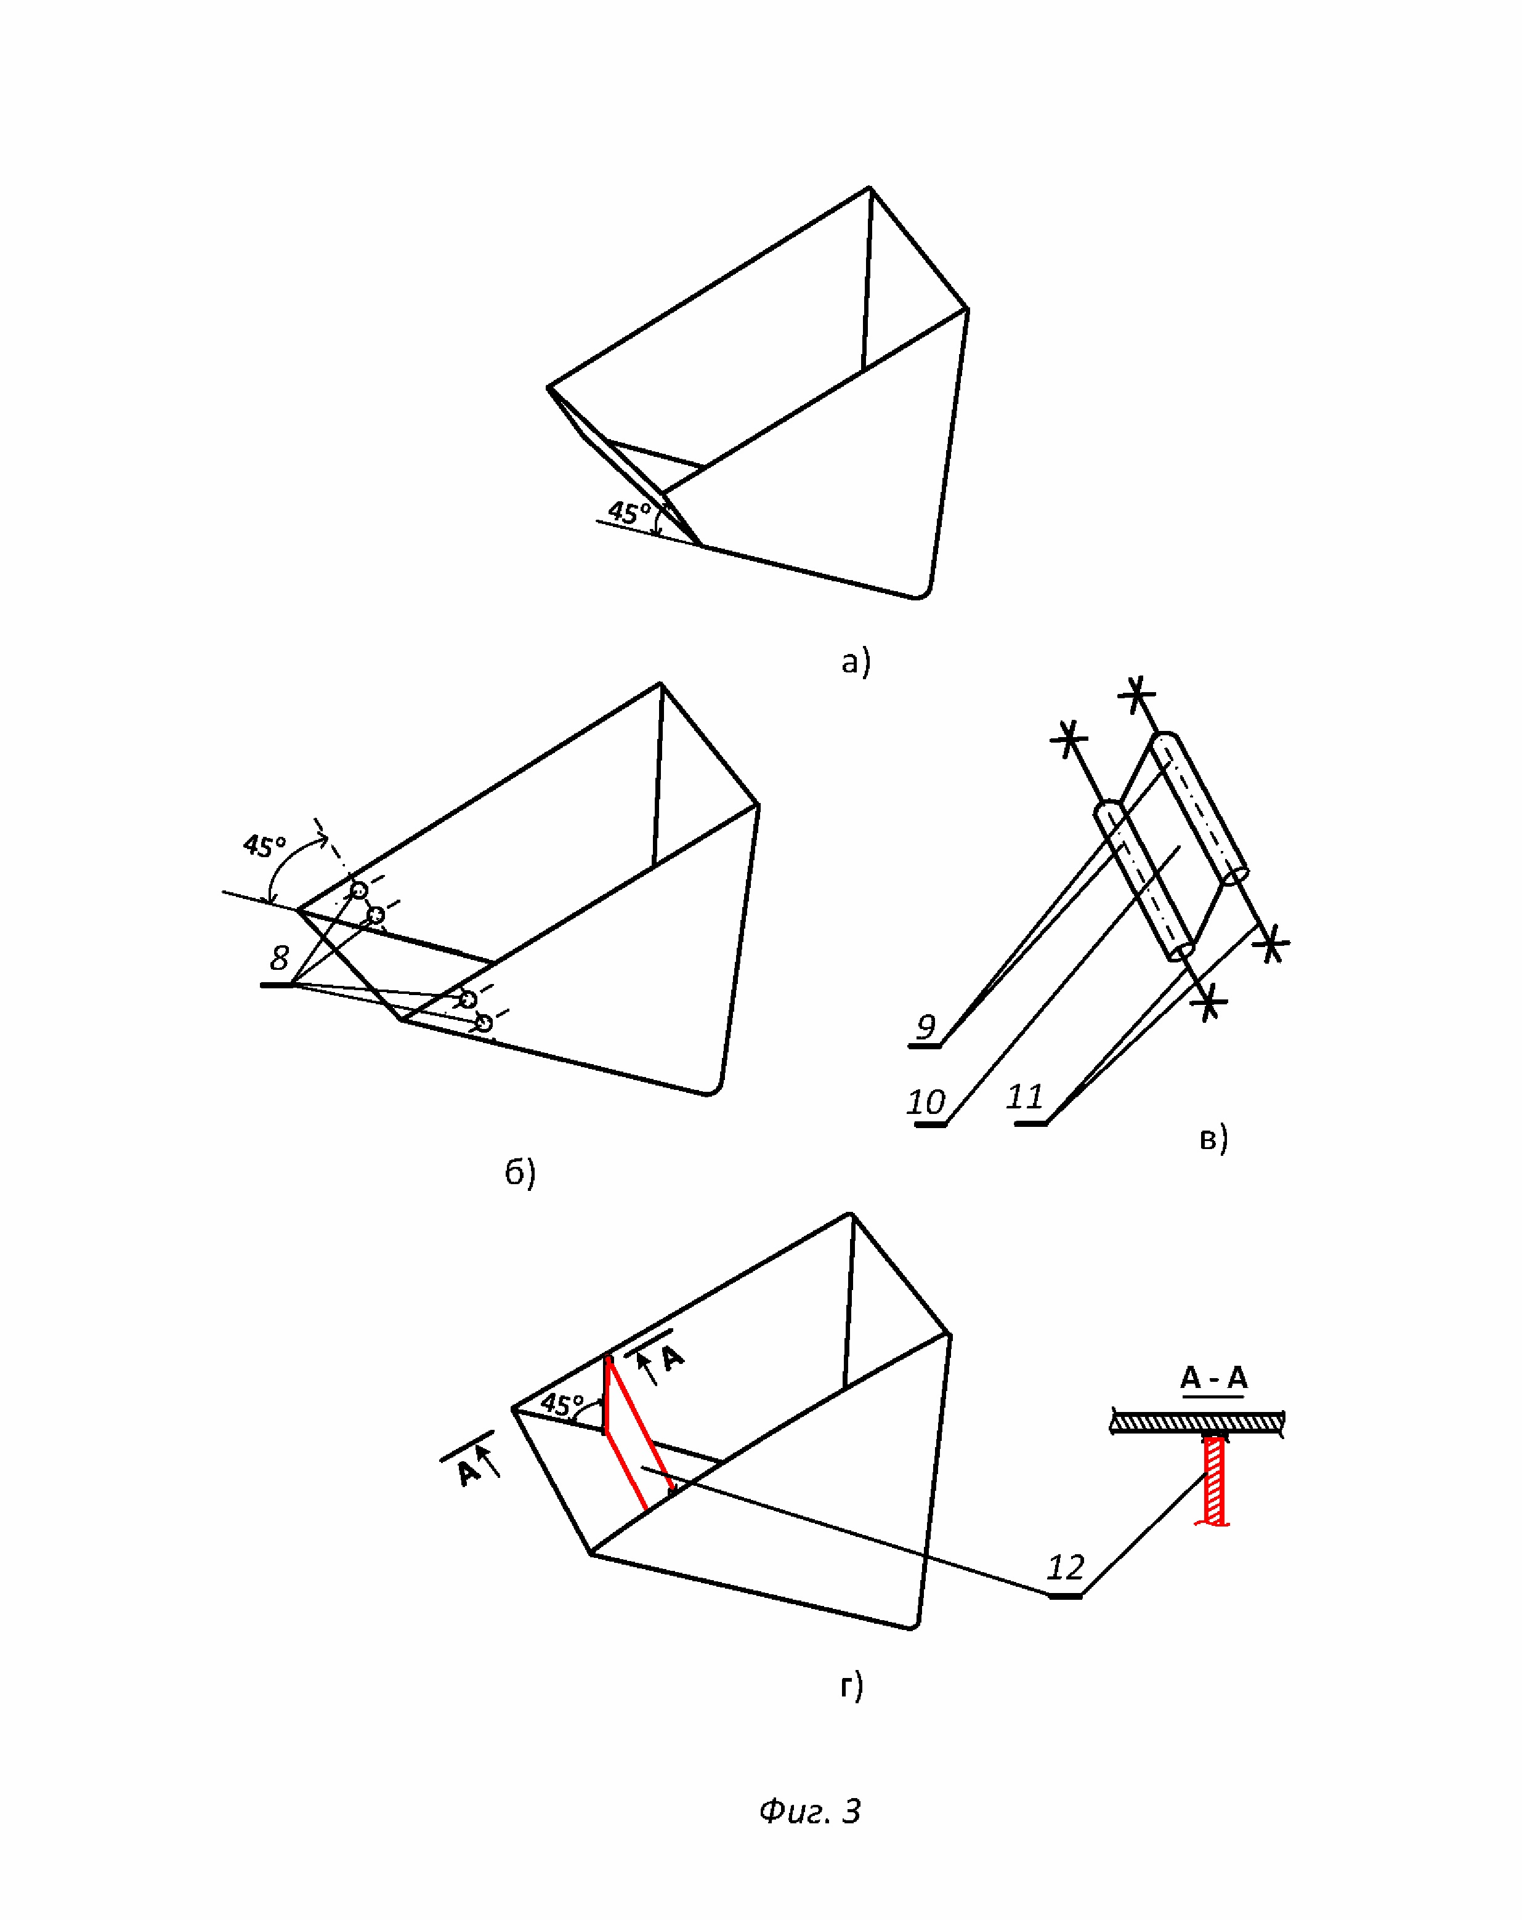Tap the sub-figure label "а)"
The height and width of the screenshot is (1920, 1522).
pyautogui.click(x=855, y=662)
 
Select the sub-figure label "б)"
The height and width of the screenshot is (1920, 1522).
pyautogui.click(x=520, y=1172)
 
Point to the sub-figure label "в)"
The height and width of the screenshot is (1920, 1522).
pyautogui.click(x=1213, y=1138)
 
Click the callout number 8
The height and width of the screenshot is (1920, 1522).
pyautogui.click(x=279, y=958)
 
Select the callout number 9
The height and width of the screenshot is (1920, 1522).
pyautogui.click(x=926, y=1027)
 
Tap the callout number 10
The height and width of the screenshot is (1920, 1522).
pyautogui.click(x=925, y=1102)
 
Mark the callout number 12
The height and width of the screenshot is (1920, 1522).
pyautogui.click(x=1065, y=1567)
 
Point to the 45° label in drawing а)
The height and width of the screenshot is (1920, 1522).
pyautogui.click(x=629, y=512)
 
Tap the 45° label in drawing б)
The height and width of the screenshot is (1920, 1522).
pyautogui.click(x=264, y=845)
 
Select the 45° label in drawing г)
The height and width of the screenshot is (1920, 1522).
pyautogui.click(x=561, y=1405)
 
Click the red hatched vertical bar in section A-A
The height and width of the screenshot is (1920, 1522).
pyautogui.click(x=1213, y=1481)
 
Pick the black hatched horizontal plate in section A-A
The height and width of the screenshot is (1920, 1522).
pyautogui.click(x=1196, y=1422)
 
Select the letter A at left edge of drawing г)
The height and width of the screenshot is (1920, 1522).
pyautogui.click(x=467, y=1471)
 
